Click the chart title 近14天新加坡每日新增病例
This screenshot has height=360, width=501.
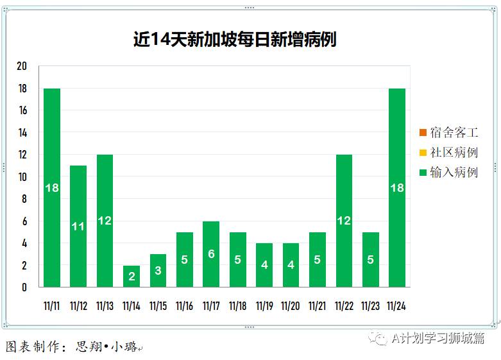click(235, 40)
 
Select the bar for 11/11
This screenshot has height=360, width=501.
click(52, 187)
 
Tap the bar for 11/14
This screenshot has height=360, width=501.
click(132, 276)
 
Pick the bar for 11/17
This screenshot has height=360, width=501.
click(211, 254)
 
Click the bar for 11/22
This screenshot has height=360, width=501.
click(344, 221)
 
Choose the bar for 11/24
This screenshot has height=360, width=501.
click(397, 187)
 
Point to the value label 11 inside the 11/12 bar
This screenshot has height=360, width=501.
click(78, 226)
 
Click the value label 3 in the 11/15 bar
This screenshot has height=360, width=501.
click(158, 270)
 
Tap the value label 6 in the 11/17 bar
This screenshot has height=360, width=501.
click(211, 254)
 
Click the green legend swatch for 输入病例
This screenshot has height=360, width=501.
click(423, 172)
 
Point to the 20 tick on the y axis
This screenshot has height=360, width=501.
click(22, 67)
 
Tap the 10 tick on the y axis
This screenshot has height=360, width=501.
click(22, 177)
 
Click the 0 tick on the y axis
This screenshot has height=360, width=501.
click(24, 287)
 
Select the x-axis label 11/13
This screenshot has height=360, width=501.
click(105, 306)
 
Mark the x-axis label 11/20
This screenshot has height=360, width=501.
click(291, 306)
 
